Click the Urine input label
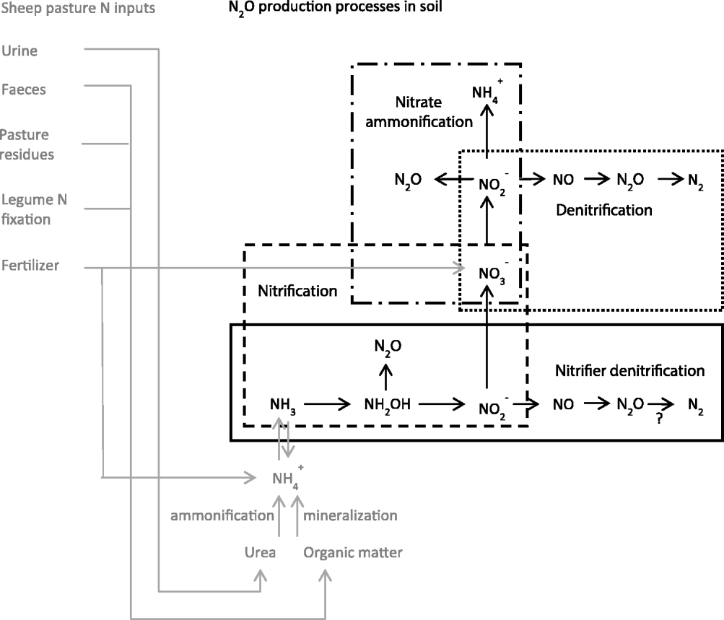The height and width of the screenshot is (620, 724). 19,51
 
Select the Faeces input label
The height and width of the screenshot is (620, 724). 24,90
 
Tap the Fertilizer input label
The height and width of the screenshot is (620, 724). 30,266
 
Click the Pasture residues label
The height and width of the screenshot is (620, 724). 27,144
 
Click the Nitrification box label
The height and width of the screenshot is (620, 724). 297,292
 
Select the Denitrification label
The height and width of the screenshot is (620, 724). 604,210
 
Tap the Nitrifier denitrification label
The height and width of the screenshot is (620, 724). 629,371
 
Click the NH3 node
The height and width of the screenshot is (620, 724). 282,405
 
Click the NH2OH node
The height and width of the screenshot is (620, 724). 387,405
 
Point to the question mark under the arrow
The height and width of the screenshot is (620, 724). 659,425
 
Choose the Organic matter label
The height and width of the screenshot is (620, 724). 353,553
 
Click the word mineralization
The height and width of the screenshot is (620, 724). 350,515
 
